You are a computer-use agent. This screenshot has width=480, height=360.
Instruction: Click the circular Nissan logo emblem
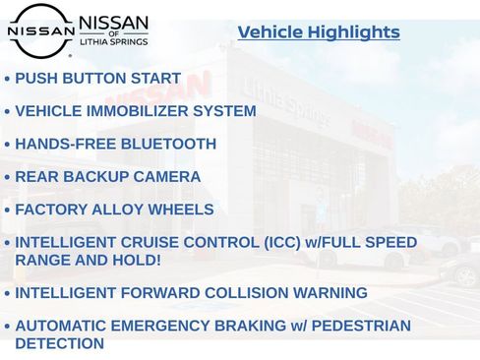pyautogui.click(x=40, y=30)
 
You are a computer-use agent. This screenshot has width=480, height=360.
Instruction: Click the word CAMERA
pyautogui.click(x=168, y=177)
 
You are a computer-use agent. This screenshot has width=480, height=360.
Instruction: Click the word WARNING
pyautogui.click(x=332, y=293)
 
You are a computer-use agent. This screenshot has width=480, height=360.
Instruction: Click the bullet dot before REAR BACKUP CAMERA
pyautogui.click(x=7, y=178)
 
